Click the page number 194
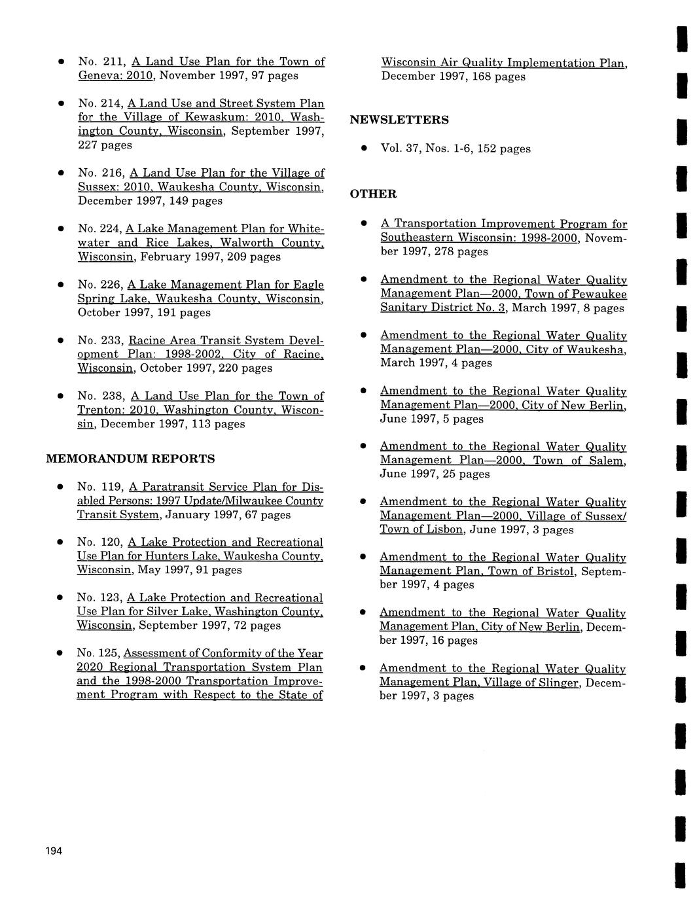(x=54, y=851)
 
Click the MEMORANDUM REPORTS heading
(x=130, y=459)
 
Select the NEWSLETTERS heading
(x=399, y=120)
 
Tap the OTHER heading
(x=373, y=194)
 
